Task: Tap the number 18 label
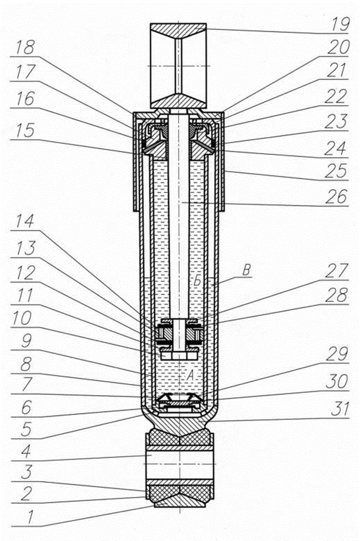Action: [x=25, y=47]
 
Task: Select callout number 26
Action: [x=336, y=196]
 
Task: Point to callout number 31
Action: [x=339, y=409]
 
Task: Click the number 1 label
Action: [x=30, y=517]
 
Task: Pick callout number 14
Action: [x=25, y=221]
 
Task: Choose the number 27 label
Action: [x=337, y=271]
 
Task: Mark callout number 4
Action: [x=26, y=451]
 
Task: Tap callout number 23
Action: [x=336, y=122]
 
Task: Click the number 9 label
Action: [x=27, y=341]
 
